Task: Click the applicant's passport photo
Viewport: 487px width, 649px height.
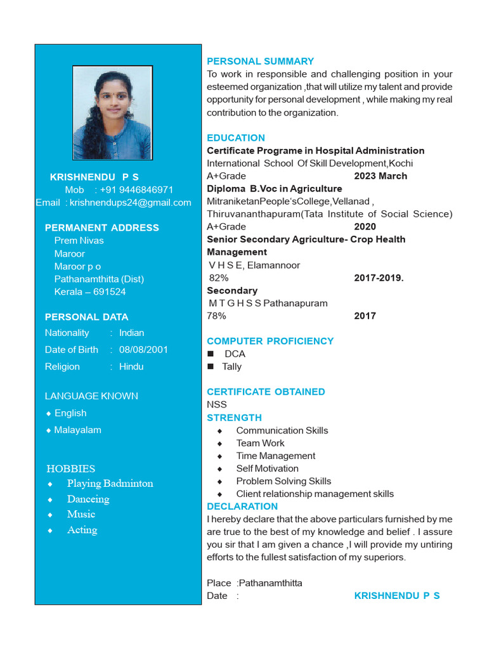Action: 112,113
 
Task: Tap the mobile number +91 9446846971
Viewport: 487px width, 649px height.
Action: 136,190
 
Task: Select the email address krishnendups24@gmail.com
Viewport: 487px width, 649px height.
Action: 130,202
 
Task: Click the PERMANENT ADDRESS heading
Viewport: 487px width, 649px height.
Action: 102,228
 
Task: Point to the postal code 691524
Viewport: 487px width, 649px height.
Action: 109,292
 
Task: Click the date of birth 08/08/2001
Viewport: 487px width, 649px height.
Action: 143,349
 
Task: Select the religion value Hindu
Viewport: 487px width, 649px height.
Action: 131,366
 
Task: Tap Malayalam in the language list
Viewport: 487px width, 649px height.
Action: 77,430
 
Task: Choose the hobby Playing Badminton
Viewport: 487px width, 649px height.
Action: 110,483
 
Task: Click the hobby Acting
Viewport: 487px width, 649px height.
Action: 82,530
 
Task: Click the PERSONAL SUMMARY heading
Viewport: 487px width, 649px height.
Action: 260,61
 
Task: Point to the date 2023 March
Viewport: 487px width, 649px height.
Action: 380,176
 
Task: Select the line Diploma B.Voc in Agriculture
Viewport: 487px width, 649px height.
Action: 274,188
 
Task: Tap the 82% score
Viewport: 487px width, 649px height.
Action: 219,278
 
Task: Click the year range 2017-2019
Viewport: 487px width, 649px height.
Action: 379,278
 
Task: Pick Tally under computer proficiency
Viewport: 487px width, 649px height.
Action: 231,366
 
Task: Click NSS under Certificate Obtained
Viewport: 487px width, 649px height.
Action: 217,404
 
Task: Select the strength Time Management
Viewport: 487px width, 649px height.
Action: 275,456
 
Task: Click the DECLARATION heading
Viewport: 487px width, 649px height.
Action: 242,506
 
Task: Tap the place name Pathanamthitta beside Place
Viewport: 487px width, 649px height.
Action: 271,582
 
